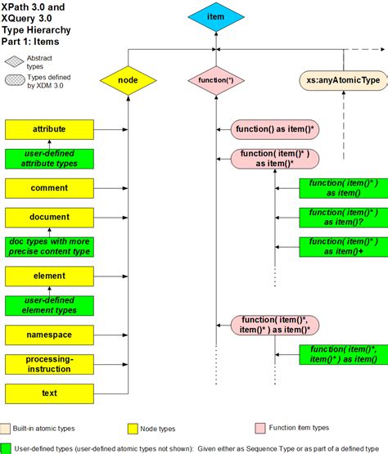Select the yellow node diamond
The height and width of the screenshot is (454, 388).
pos(128,80)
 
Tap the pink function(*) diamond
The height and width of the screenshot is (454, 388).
pos(216,80)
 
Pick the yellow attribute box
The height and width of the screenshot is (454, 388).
pos(50,129)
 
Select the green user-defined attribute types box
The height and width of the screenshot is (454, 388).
pos(50,160)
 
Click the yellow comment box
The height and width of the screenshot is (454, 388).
pos(50,188)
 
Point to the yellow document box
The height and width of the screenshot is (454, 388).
pos(50,218)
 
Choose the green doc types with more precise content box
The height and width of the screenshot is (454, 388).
pos(50,246)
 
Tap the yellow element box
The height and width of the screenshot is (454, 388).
pos(50,276)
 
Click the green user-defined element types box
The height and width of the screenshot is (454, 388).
pos(50,305)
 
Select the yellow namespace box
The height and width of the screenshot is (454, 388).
pos(50,335)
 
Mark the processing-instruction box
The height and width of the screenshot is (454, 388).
pos(50,364)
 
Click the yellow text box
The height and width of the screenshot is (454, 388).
pos(50,393)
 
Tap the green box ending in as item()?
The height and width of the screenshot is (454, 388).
pos(343,217)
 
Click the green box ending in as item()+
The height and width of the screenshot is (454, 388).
pos(343,246)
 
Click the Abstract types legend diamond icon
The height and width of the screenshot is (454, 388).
pos(14,61)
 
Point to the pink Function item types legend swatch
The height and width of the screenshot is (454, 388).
pos(261,428)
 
